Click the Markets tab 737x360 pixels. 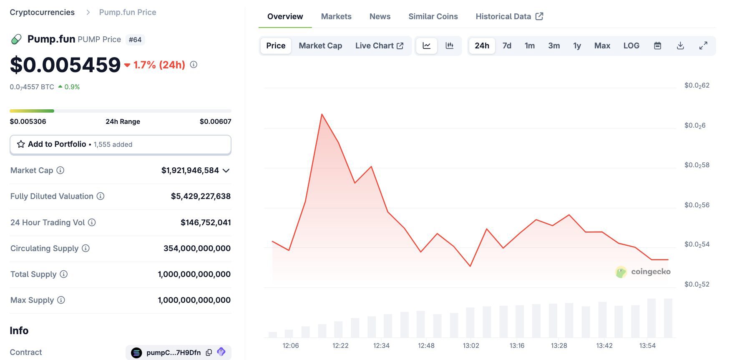pyautogui.click(x=336, y=17)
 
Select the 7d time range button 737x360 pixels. pyautogui.click(x=507, y=46)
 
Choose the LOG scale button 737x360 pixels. pyautogui.click(x=631, y=46)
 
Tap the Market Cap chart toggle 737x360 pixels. pyautogui.click(x=320, y=46)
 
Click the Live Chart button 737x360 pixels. pyautogui.click(x=379, y=46)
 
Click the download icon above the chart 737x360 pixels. pyautogui.click(x=680, y=46)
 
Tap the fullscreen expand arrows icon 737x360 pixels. pyautogui.click(x=703, y=46)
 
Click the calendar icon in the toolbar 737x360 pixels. pyautogui.click(x=657, y=46)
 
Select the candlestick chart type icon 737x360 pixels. pyautogui.click(x=449, y=46)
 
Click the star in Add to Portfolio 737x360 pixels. pyautogui.click(x=21, y=144)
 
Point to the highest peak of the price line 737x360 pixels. pyautogui.click(x=322, y=114)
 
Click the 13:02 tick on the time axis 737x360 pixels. pyautogui.click(x=471, y=345)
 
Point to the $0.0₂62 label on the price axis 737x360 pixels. pyautogui.click(x=697, y=86)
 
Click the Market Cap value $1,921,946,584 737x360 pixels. pyautogui.click(x=190, y=170)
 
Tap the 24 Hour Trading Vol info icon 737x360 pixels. pyautogui.click(x=92, y=222)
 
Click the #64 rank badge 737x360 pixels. pyautogui.click(x=135, y=40)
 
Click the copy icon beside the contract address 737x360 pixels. pyautogui.click(x=209, y=352)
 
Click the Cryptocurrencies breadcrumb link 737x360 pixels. pyautogui.click(x=42, y=13)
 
